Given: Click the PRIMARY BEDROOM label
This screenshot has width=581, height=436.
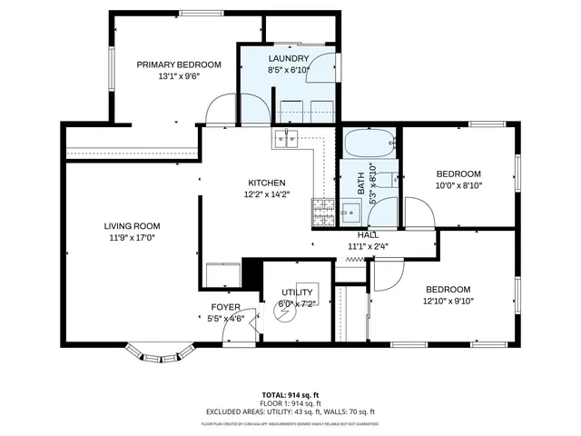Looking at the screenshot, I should point(179,64).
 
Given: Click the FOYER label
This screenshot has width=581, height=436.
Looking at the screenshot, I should point(225,307).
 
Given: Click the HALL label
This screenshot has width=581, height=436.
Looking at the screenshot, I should point(368,235).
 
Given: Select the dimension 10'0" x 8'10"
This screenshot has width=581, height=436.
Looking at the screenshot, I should point(458,185).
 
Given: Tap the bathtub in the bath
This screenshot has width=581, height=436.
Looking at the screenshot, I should point(369,144).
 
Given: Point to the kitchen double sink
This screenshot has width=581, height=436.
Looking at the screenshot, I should point(287,138).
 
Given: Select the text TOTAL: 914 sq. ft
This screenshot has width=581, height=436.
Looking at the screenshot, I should point(290,394).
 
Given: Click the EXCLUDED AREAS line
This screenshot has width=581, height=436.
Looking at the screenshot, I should point(290,411).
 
